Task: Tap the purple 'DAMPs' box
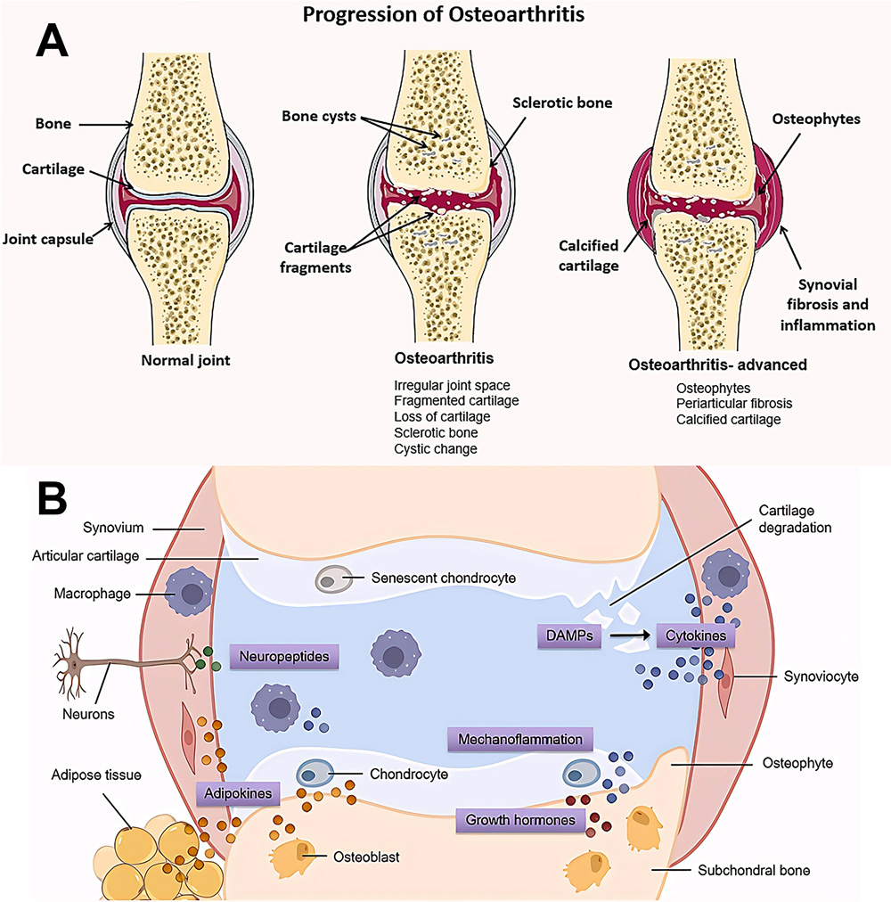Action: tap(567, 635)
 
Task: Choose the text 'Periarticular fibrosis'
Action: tap(734, 403)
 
